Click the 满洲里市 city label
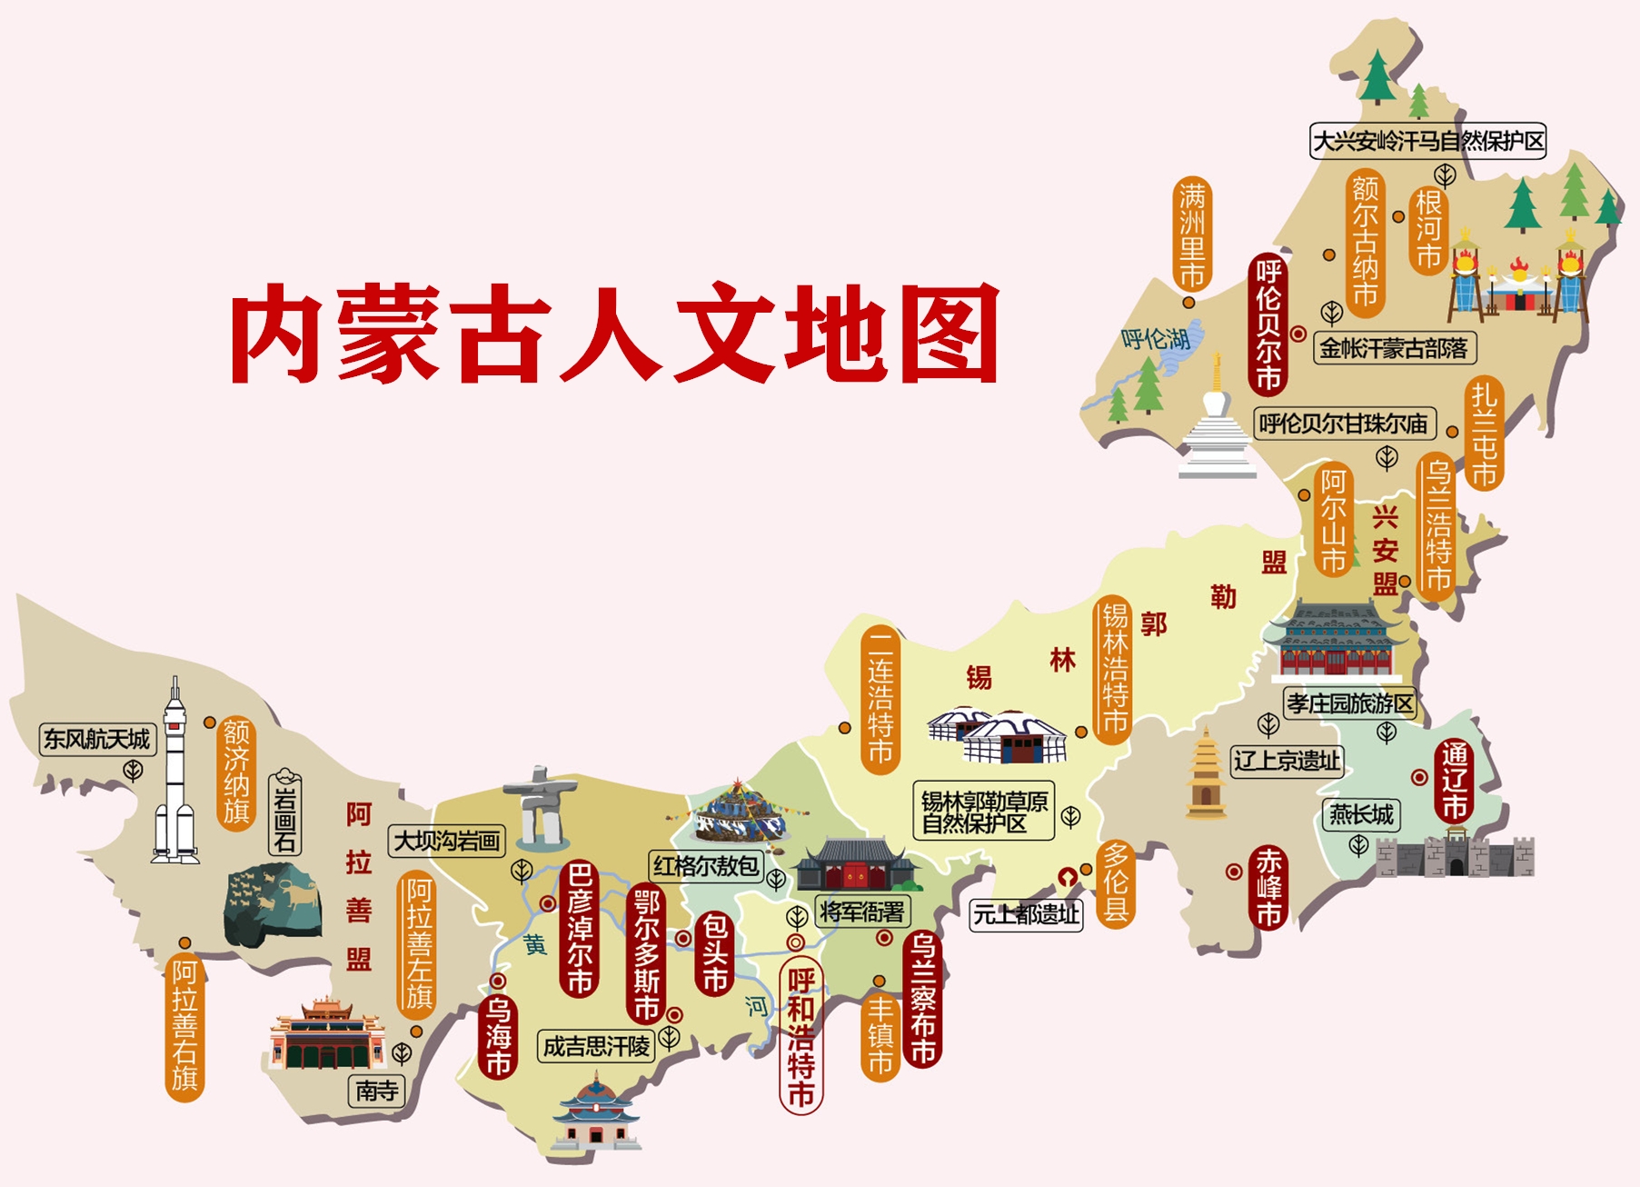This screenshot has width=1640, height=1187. click(x=1192, y=234)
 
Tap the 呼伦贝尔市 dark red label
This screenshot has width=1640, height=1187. click(x=1268, y=324)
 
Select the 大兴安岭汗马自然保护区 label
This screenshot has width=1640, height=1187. click(x=1428, y=141)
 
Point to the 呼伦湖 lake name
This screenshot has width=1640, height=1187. click(x=1156, y=339)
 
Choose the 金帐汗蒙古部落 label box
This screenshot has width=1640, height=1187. click(x=1394, y=348)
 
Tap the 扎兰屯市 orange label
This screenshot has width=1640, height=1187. click(x=1484, y=434)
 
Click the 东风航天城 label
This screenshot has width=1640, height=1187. click(x=97, y=739)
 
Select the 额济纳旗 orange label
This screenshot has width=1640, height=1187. click(x=236, y=771)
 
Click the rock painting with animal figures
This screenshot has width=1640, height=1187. click(x=273, y=904)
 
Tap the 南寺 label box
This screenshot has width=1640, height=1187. click(x=376, y=1091)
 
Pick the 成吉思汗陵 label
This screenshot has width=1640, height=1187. click(x=596, y=1046)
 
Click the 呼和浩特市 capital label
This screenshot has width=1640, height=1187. click(x=800, y=1035)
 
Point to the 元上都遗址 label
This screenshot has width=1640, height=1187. click(x=1027, y=913)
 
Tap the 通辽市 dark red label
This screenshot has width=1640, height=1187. click(x=1454, y=781)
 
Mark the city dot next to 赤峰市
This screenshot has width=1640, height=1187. click(x=1234, y=872)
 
